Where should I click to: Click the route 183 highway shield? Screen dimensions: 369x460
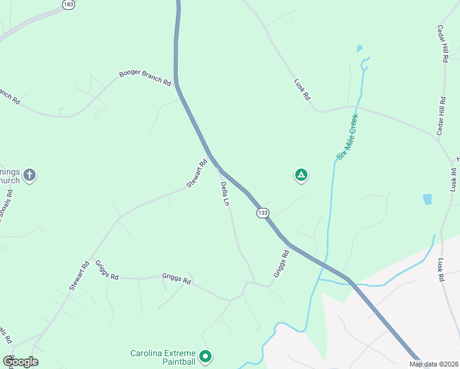point(68,4)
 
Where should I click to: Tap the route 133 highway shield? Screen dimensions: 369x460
point(263,212)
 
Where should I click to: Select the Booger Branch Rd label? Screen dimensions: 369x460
point(145,78)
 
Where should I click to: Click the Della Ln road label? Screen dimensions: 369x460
point(225,194)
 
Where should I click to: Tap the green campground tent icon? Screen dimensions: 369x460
point(301,175)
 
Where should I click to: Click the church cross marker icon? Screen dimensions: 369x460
point(30,175)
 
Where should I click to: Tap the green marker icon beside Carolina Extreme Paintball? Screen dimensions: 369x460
point(205,356)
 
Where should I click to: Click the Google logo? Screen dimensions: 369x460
point(20,362)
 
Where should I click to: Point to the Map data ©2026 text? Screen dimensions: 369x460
point(433,364)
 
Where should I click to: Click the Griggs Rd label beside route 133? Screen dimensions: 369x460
point(281,263)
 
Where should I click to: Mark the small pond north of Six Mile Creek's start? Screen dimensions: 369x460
point(359,48)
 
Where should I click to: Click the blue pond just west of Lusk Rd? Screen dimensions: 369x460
point(427,199)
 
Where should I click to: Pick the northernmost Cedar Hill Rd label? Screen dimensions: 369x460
point(442,44)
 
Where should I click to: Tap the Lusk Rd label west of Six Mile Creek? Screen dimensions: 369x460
point(302,89)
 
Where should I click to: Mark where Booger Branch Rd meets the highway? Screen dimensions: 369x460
point(176,84)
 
